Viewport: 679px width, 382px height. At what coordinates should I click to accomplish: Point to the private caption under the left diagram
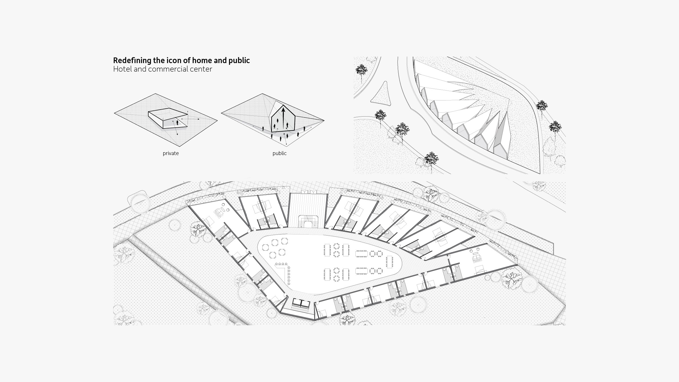(171, 153)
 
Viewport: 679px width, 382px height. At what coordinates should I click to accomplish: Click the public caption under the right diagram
(280, 153)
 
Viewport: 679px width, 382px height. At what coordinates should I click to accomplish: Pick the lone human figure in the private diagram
(177, 123)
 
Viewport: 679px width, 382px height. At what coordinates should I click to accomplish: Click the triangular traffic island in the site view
(381, 93)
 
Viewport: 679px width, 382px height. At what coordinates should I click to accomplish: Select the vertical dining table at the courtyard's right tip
(390, 262)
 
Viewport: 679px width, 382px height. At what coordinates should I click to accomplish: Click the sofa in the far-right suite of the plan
(478, 258)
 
